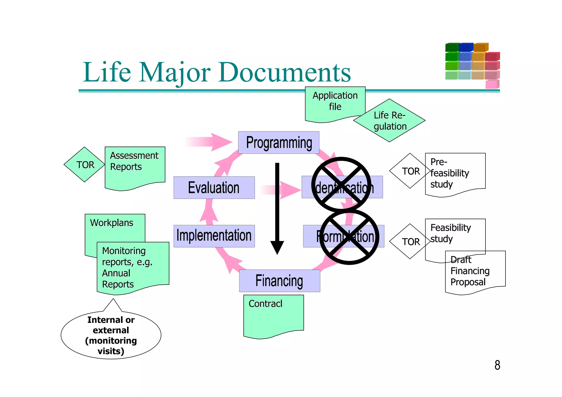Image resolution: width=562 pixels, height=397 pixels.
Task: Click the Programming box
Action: click(x=279, y=142)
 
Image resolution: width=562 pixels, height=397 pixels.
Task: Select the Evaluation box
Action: click(x=214, y=188)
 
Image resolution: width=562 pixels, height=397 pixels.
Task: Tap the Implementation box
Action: click(x=214, y=236)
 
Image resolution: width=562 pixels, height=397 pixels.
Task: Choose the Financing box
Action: click(x=279, y=281)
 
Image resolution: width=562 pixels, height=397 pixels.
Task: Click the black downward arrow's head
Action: click(x=277, y=247)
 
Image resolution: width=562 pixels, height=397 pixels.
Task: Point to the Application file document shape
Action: click(x=335, y=103)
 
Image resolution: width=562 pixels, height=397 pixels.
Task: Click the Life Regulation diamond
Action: click(x=389, y=121)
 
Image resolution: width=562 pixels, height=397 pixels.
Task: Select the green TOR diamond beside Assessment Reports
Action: click(x=85, y=165)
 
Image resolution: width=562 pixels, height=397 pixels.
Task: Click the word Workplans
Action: click(x=111, y=223)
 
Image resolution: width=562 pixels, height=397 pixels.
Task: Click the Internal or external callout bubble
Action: click(x=111, y=335)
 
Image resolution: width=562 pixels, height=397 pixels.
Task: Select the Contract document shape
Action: click(x=273, y=316)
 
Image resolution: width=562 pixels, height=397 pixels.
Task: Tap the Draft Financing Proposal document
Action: click(x=475, y=272)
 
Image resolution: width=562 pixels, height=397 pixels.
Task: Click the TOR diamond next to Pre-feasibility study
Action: click(x=410, y=171)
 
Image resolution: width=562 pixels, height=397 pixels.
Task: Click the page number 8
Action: click(x=497, y=365)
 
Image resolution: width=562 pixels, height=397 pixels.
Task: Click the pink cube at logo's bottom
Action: click(x=491, y=85)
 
